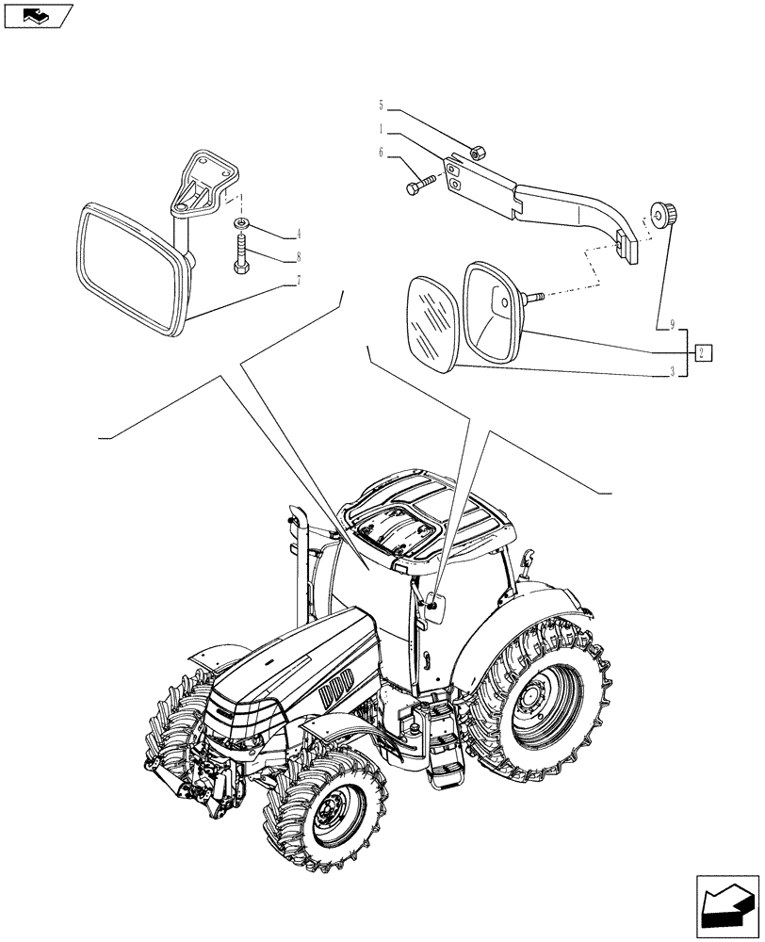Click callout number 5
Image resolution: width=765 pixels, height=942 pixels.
[x=382, y=105]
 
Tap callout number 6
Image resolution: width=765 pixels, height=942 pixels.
[x=382, y=152]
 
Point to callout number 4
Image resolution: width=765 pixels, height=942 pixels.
[x=298, y=233]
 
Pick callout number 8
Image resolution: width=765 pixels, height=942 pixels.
[x=298, y=255]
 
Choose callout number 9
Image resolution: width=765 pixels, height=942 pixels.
[x=672, y=326]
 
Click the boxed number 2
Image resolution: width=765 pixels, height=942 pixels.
[x=703, y=353]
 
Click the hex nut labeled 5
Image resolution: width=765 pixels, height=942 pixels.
[x=478, y=149]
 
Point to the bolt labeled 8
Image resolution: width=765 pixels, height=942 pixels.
[x=241, y=255]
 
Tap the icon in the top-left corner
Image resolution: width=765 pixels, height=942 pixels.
[x=39, y=15]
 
